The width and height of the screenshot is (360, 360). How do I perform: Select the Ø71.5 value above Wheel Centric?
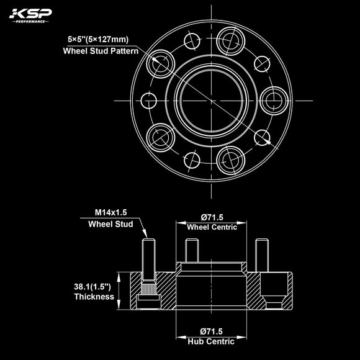pos(212,217)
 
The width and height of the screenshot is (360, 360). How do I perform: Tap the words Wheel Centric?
pos(212,228)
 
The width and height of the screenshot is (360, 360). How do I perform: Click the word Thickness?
pos(93,297)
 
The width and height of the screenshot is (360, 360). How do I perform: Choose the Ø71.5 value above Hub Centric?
pos(212,331)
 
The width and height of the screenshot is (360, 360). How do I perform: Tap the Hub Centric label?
pos(212,341)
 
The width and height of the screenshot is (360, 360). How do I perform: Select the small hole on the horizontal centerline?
pos(150,99)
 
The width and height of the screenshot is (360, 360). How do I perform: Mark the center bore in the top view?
pos(210,99)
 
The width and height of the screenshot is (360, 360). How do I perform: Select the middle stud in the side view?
pos(191,250)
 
